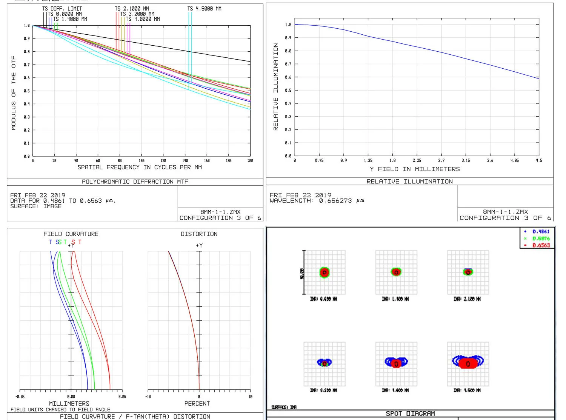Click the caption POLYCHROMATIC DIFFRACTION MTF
[x=135, y=182]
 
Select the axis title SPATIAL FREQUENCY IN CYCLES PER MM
[x=140, y=167]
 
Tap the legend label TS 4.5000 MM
[x=205, y=9]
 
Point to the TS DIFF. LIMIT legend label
[x=62, y=9]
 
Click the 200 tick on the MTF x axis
[x=250, y=161]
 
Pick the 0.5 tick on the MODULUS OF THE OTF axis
[x=27, y=91]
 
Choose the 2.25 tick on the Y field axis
[x=417, y=160]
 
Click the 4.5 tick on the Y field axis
[x=539, y=160]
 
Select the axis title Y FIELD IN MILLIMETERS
[x=415, y=169]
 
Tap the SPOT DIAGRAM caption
[x=410, y=414]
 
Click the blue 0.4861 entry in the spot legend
[x=541, y=232]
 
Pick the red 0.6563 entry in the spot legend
[x=541, y=245]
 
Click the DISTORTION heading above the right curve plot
[x=199, y=234]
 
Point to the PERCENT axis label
[x=197, y=403]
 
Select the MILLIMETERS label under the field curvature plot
[x=69, y=403]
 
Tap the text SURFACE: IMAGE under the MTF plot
[x=36, y=206]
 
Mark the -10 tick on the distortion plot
[x=148, y=397]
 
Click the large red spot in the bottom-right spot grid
[x=468, y=363]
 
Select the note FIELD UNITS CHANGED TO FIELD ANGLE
[x=60, y=409]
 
